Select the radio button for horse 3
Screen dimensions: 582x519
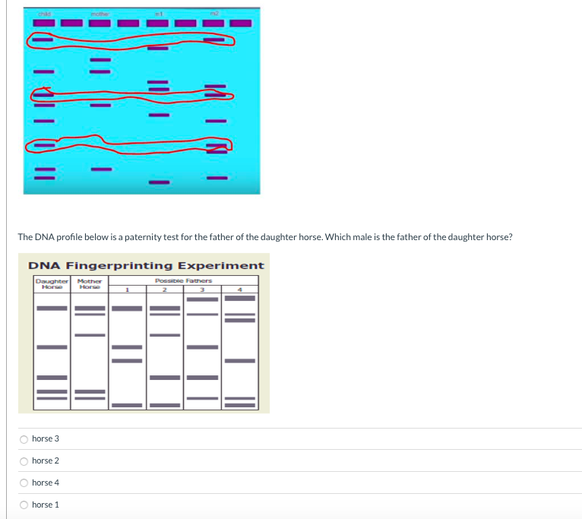tap(24, 439)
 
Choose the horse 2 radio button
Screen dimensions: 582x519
tap(24, 461)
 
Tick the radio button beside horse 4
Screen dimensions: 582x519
tap(24, 483)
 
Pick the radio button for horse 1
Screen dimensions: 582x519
tap(24, 505)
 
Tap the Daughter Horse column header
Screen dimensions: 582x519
tap(52, 283)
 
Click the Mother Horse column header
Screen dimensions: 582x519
tap(90, 283)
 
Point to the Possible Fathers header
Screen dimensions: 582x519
tap(184, 280)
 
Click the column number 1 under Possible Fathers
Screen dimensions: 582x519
tap(128, 288)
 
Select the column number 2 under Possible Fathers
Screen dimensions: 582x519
tap(166, 288)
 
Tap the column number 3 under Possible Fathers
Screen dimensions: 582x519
tap(203, 288)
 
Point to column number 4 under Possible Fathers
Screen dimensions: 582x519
tap(240, 288)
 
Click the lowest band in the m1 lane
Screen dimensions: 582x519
tap(159, 182)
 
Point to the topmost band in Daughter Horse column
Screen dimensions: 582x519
tap(52, 308)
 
